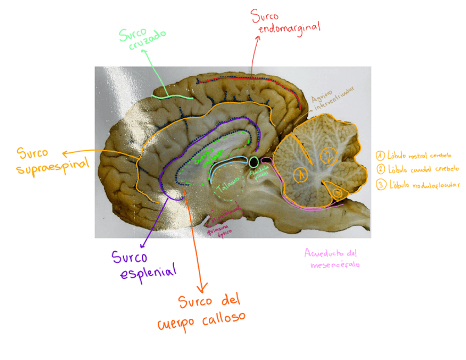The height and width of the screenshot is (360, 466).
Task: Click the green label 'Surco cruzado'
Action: point(142,38)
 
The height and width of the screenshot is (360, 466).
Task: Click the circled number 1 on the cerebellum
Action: point(300,175)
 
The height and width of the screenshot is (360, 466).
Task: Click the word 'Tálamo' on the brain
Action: point(228,186)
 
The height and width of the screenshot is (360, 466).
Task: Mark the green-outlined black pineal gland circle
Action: point(253,162)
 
